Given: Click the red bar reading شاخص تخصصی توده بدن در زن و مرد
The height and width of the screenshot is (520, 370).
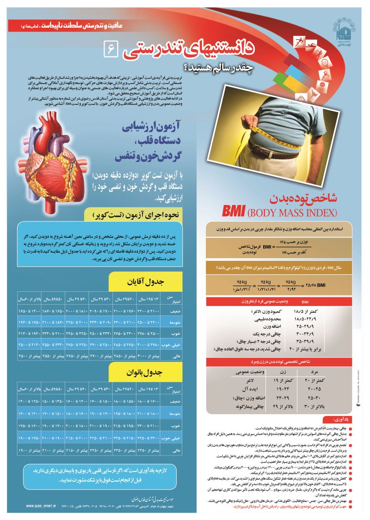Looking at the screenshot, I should [x=281, y=361].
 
